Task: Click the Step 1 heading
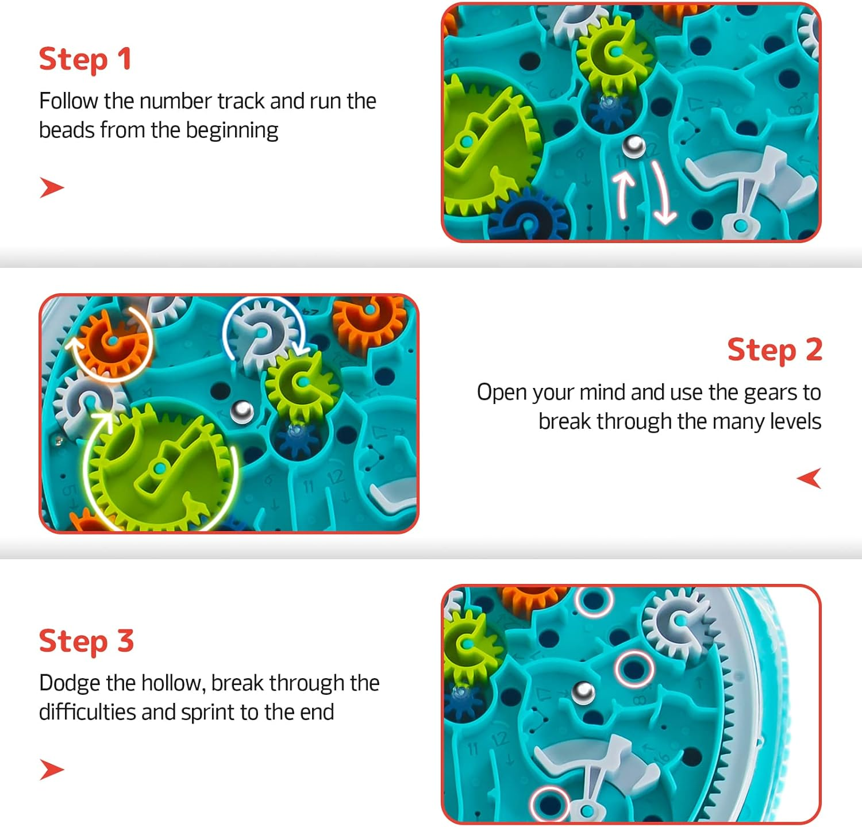click(x=85, y=59)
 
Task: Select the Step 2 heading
click(x=774, y=350)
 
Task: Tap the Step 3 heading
click(x=86, y=641)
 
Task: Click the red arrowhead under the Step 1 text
click(x=51, y=188)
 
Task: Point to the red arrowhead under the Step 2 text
click(x=809, y=478)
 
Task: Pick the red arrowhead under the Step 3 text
click(x=51, y=770)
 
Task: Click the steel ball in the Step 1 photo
click(x=634, y=147)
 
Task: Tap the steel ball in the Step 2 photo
click(x=242, y=411)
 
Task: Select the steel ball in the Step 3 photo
click(x=583, y=691)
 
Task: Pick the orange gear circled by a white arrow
click(x=113, y=341)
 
